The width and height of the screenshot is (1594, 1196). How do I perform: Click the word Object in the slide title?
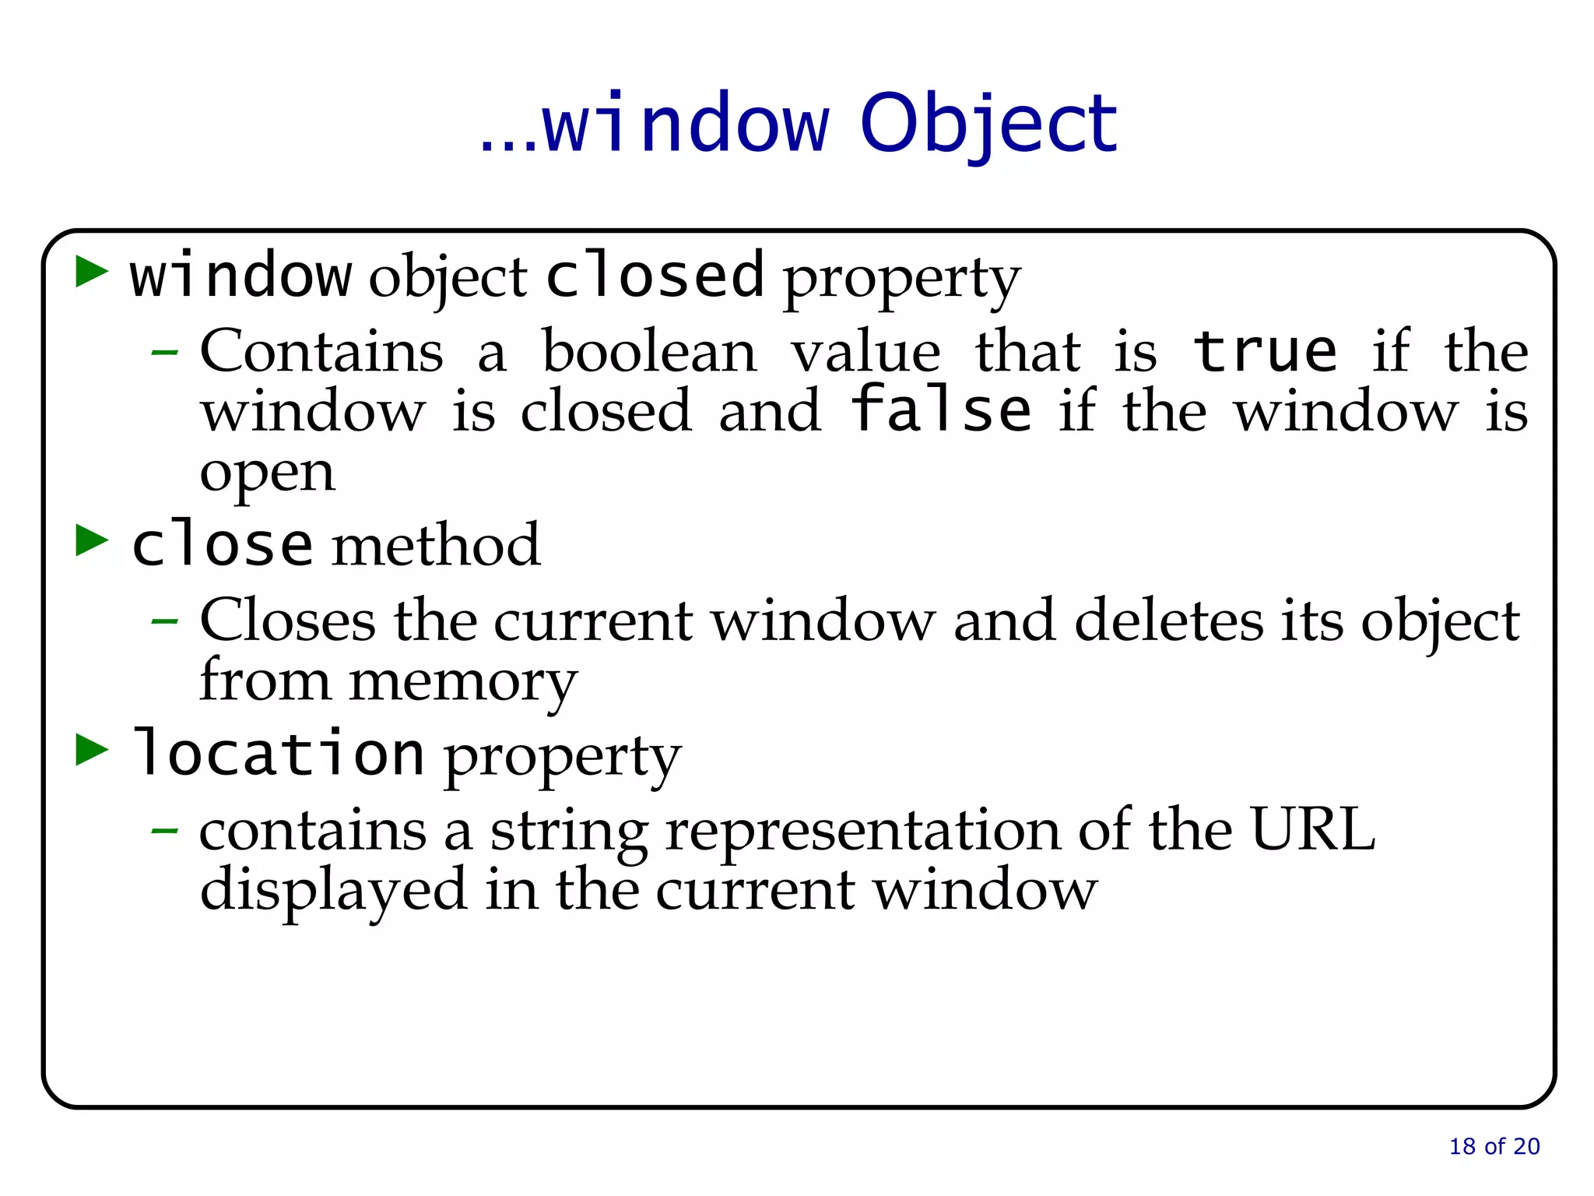[988, 125]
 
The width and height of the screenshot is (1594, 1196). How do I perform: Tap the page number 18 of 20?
[1494, 1146]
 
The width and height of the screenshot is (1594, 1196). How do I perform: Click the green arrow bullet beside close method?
[92, 540]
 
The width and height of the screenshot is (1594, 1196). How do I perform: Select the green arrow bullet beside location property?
[92, 750]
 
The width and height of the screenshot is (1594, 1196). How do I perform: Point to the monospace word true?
[1266, 352]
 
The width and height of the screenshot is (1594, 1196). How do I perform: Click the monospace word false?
[941, 410]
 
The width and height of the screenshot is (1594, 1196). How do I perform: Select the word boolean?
[649, 352]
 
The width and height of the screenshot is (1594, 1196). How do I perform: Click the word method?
[436, 545]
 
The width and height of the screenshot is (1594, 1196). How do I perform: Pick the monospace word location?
[278, 753]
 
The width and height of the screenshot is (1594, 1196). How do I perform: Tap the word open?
[268, 473]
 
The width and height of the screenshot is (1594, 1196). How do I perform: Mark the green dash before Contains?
[164, 353]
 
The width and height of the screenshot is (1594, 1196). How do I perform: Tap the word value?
[865, 352]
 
